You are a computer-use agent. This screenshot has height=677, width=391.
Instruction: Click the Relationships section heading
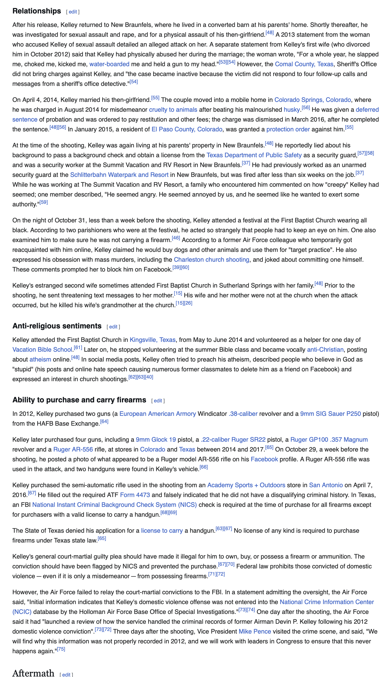(x=37, y=11)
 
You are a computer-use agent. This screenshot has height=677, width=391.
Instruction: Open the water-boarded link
(x=109, y=64)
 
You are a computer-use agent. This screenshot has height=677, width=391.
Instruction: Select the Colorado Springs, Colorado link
(x=312, y=100)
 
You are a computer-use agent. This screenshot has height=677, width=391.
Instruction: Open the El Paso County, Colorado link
(x=187, y=130)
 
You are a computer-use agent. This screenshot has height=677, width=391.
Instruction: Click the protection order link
(x=288, y=130)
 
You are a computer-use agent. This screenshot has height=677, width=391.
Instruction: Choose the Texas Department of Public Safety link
(x=254, y=155)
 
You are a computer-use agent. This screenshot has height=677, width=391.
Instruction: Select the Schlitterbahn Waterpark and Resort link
(x=119, y=175)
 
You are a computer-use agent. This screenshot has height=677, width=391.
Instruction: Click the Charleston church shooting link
(x=212, y=260)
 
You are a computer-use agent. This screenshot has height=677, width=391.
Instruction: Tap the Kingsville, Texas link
(x=152, y=340)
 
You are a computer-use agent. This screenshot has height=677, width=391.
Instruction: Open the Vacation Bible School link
(x=42, y=350)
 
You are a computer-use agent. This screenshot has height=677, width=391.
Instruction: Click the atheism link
(x=40, y=359)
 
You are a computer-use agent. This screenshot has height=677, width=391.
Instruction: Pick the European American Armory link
(x=158, y=414)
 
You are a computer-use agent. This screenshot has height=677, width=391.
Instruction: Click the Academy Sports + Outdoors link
(x=246, y=485)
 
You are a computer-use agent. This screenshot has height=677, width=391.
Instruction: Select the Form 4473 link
(x=135, y=495)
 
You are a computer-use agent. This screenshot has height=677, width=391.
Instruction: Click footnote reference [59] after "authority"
(x=44, y=202)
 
